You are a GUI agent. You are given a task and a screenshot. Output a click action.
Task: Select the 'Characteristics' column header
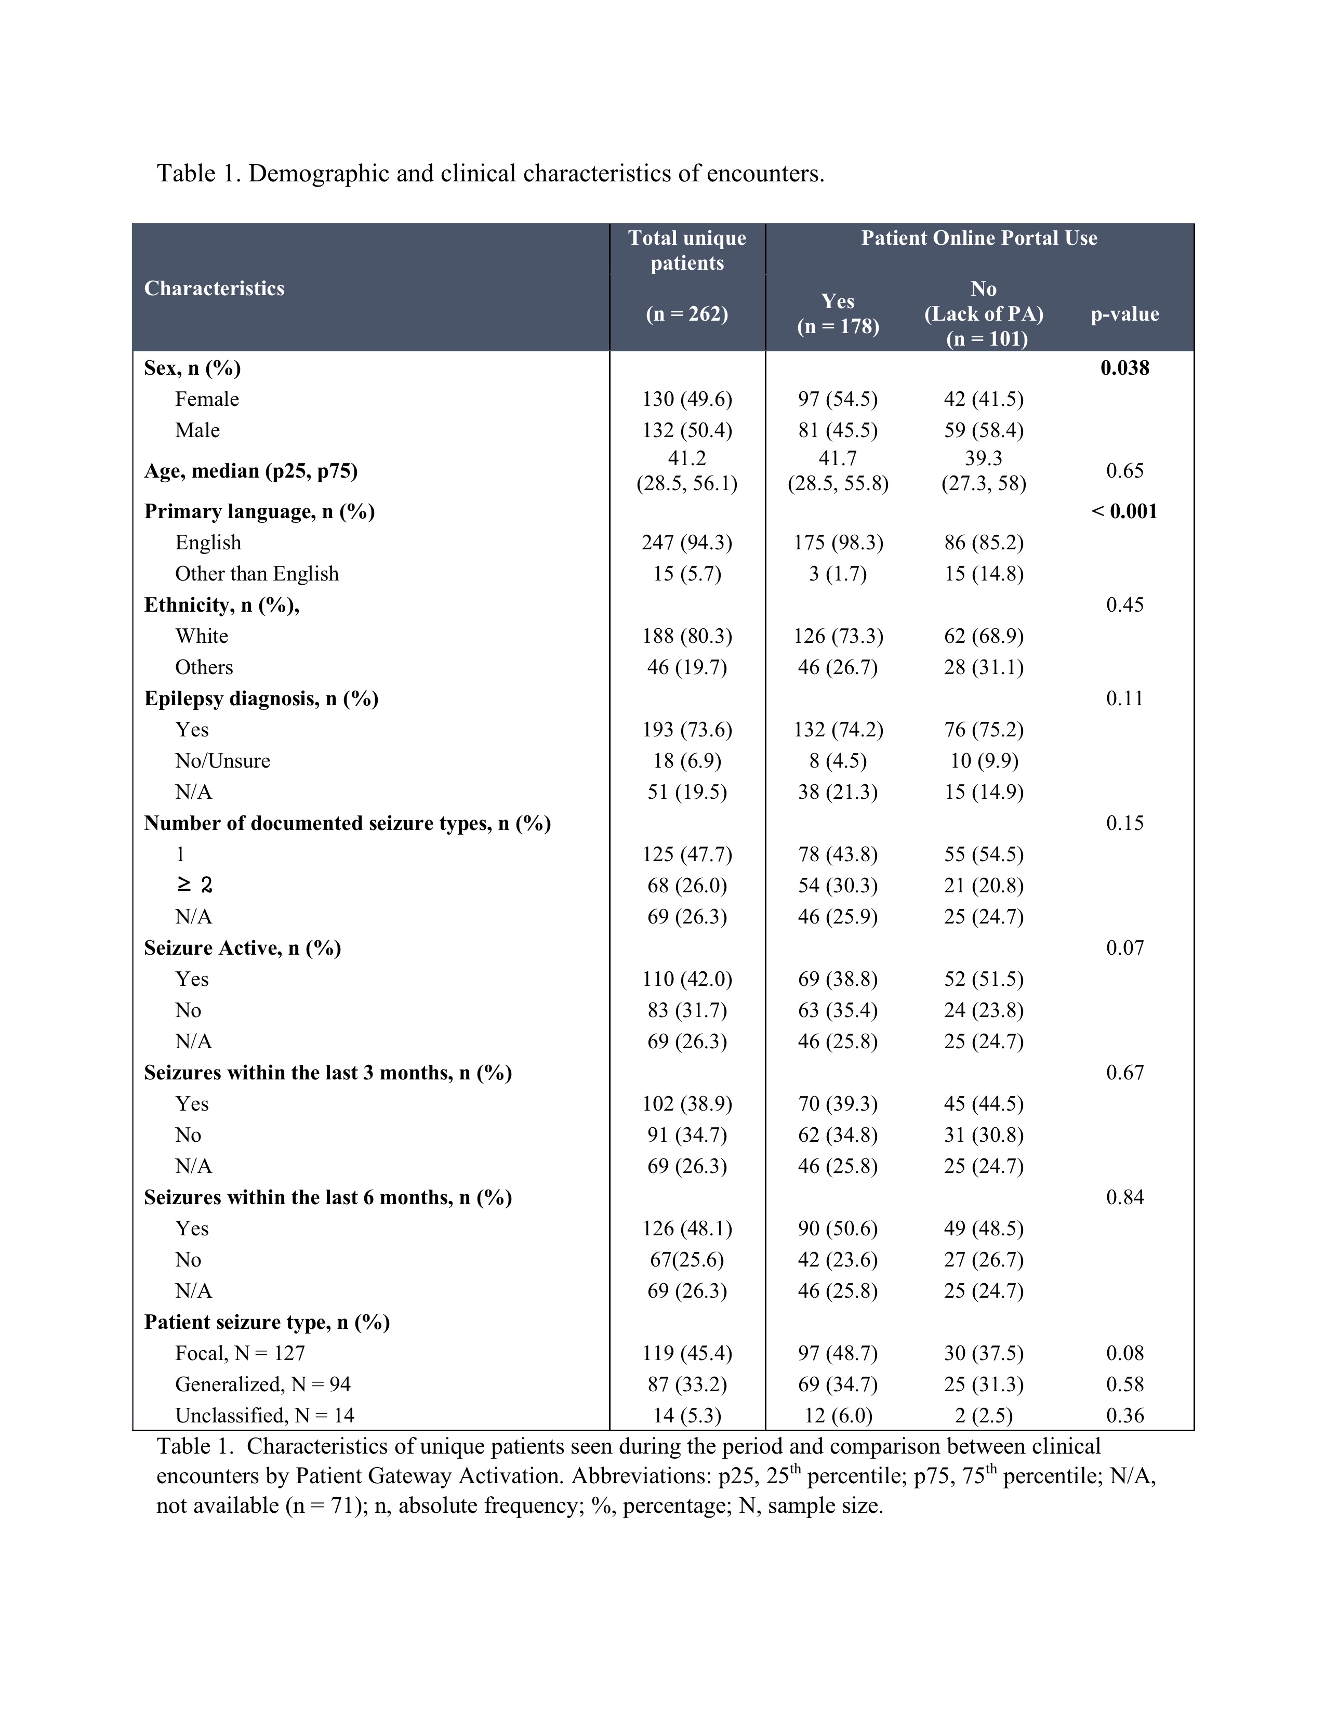pos(214,288)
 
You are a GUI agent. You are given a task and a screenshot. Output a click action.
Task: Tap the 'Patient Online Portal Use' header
pos(979,238)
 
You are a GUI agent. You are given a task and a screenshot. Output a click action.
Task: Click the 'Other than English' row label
pos(257,574)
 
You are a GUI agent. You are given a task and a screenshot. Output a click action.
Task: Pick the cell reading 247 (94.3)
pos(687,543)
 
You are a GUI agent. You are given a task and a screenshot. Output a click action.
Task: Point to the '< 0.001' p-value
pos(1124,511)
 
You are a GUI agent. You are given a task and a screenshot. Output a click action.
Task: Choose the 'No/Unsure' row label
pos(222,761)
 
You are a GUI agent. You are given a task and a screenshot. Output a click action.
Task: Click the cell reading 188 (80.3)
pos(687,636)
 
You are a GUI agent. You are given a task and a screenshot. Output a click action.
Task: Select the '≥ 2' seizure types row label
pos(194,886)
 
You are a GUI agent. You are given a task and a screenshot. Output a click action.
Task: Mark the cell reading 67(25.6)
pos(687,1260)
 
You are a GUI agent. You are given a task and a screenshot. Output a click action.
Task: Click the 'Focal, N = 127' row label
pos(240,1353)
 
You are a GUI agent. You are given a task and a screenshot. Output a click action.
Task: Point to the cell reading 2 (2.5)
pos(984,1415)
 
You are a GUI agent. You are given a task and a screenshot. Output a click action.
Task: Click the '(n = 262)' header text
pos(687,314)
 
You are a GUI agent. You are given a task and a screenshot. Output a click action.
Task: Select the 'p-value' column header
pos(1124,314)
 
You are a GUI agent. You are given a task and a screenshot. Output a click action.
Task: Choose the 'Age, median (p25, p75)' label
pos(251,471)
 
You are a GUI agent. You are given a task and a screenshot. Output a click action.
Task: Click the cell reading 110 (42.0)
pos(687,979)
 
